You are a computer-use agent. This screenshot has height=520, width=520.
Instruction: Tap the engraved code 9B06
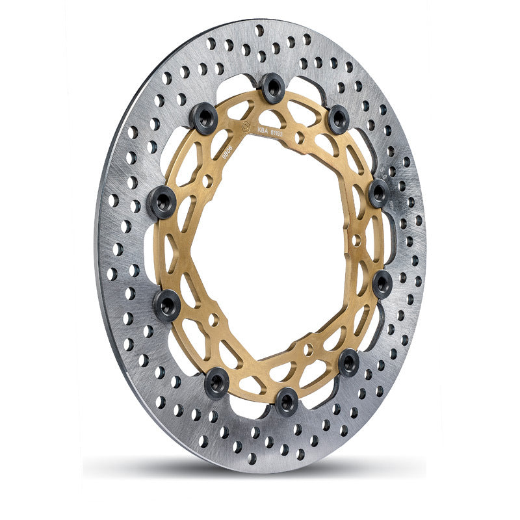(227, 151)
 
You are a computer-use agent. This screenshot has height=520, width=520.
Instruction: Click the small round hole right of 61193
(300, 138)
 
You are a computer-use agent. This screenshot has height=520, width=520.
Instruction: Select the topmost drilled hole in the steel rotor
(259, 30)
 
